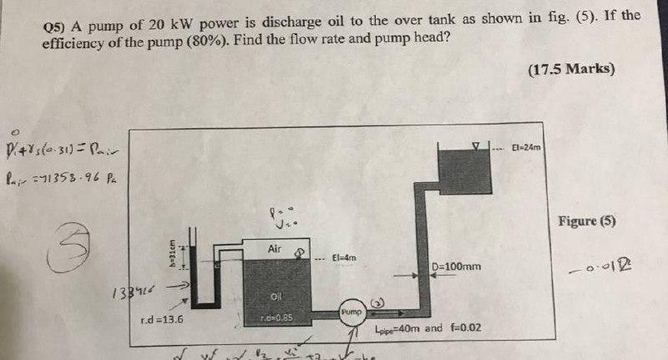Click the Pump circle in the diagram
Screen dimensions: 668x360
(x=352, y=311)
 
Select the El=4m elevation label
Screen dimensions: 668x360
(x=344, y=258)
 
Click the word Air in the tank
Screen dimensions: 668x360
(x=276, y=248)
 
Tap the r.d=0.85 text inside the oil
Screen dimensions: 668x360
(x=277, y=317)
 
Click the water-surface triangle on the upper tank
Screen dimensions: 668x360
(x=477, y=145)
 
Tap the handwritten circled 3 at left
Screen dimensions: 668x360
(x=71, y=238)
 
